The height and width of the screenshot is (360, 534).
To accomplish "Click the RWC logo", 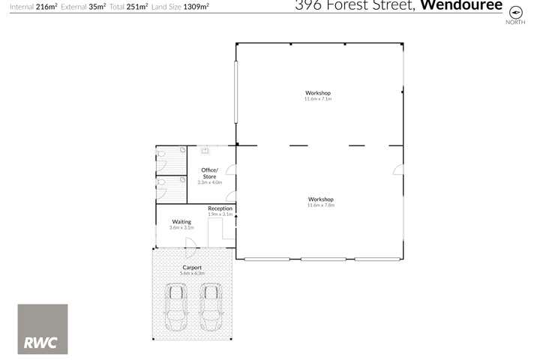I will (x=43, y=329).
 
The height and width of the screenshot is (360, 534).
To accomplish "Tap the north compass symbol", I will (x=514, y=13).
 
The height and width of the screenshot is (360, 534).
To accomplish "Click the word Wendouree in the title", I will (x=460, y=6).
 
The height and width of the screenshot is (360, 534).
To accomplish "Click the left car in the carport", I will (x=177, y=308).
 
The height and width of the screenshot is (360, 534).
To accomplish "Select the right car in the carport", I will (x=211, y=308).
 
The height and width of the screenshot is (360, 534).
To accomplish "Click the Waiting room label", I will (x=181, y=222).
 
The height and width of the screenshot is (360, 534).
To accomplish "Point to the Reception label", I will (x=220, y=208).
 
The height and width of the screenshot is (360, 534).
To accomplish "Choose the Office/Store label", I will (x=210, y=174).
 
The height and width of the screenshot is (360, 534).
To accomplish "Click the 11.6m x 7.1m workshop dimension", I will (x=318, y=99).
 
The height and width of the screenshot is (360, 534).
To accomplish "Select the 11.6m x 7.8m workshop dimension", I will (x=320, y=205).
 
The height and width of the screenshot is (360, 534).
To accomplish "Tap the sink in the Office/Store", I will (x=204, y=150).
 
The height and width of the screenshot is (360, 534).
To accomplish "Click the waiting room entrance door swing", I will (x=191, y=242).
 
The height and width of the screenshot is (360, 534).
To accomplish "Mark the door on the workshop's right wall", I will (x=398, y=171).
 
